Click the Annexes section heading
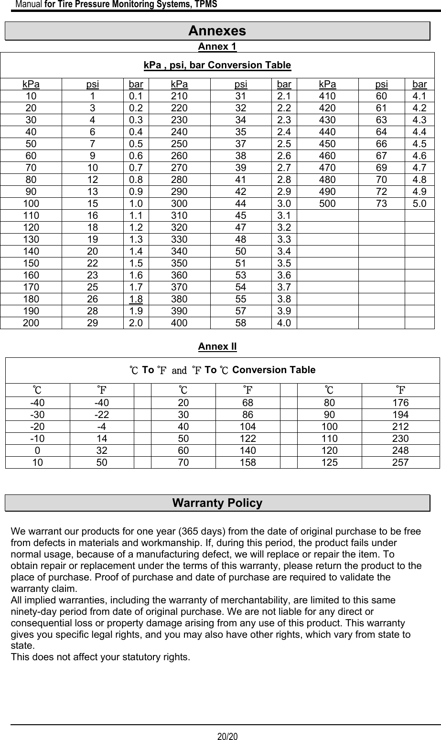[x=217, y=31]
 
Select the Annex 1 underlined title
[x=217, y=47]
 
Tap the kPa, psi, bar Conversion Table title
[x=217, y=65]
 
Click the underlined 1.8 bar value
[x=136, y=299]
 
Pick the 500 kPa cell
[x=327, y=204]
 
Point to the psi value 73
[x=381, y=204]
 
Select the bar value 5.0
[x=419, y=204]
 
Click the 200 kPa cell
[x=32, y=323]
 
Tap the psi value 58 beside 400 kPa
[x=241, y=323]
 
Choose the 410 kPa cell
[x=327, y=96]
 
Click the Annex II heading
[x=217, y=346]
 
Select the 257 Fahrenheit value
[x=400, y=462]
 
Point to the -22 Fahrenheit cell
[x=101, y=415]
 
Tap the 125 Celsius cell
[x=329, y=462]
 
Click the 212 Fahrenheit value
[x=400, y=427]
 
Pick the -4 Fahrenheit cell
[x=101, y=427]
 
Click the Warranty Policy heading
[x=217, y=503]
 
